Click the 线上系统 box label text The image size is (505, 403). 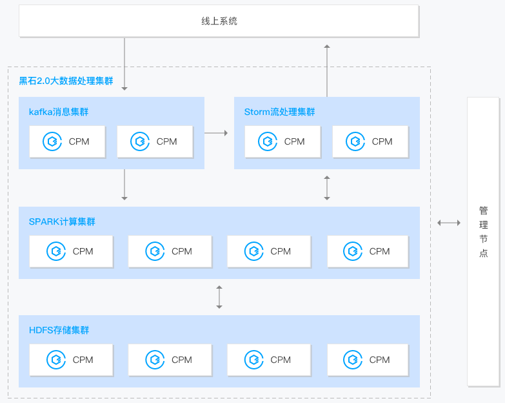click(x=219, y=21)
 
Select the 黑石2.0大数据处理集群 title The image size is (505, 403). click(x=66, y=81)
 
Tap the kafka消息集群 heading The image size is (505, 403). click(x=59, y=112)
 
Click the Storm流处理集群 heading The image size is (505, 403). click(x=279, y=112)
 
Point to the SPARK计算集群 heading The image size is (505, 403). click(x=62, y=222)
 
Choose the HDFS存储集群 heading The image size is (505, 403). click(x=59, y=330)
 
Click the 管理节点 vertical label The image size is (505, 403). click(x=484, y=231)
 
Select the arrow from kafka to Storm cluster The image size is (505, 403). click(x=216, y=133)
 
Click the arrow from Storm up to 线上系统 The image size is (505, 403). click(x=327, y=70)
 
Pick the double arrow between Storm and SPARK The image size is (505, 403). click(x=327, y=188)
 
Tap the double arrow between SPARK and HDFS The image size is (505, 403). click(x=219, y=297)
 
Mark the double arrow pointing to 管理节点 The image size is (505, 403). click(x=449, y=222)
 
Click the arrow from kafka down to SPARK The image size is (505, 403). click(x=124, y=185)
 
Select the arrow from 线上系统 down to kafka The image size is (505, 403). click(x=124, y=64)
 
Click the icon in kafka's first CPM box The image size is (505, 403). click(x=52, y=141)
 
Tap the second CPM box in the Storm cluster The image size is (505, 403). click(x=370, y=142)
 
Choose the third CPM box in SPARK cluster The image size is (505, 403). click(x=269, y=251)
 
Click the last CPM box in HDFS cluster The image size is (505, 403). click(x=368, y=360)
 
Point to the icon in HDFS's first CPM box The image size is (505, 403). click(x=56, y=360)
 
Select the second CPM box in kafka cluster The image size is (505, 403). click(x=155, y=142)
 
